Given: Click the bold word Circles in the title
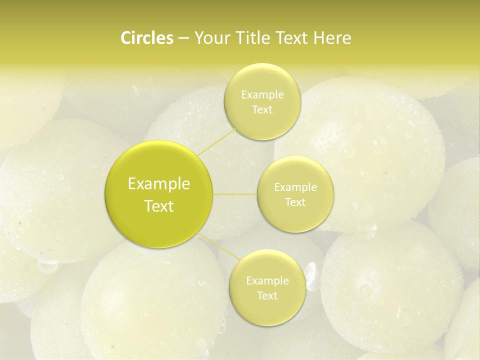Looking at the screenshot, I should [x=147, y=38].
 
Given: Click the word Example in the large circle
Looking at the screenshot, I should [x=159, y=184].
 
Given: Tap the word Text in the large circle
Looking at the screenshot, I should [x=159, y=206].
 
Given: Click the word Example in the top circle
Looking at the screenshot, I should [x=262, y=95].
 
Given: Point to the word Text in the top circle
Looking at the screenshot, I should [x=262, y=110].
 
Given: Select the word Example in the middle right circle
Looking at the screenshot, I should [x=295, y=187].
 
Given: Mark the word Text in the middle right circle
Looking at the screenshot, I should [x=295, y=202].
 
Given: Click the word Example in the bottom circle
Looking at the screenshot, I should [x=267, y=281].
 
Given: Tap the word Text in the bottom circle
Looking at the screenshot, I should [x=267, y=296].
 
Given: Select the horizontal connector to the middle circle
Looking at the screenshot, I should [x=235, y=194].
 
